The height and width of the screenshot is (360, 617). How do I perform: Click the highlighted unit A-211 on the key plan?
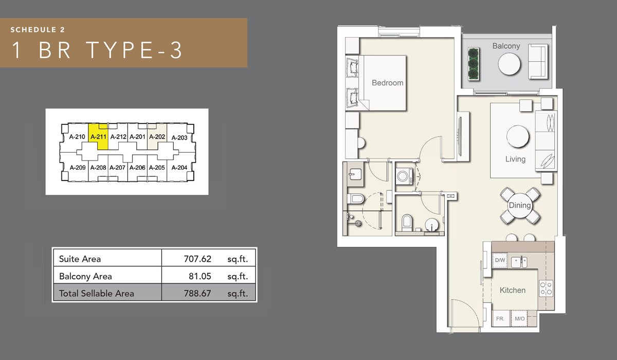tap(98, 137)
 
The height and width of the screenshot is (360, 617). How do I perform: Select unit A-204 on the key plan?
tap(179, 168)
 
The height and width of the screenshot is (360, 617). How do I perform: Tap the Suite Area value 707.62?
tap(197, 259)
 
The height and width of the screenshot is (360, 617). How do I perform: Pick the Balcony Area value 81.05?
tap(199, 276)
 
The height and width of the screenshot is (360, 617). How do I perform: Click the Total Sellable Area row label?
tap(97, 293)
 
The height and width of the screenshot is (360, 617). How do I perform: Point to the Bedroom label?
tap(387, 83)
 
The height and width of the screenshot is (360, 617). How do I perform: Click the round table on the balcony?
tap(509, 64)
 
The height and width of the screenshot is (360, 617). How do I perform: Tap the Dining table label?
tap(519, 205)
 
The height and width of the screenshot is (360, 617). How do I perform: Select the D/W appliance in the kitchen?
tap(500, 260)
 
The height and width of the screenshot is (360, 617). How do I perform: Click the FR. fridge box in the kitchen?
tap(500, 319)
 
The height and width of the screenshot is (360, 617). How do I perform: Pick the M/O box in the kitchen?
tap(519, 319)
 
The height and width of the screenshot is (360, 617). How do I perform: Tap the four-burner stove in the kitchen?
tap(546, 288)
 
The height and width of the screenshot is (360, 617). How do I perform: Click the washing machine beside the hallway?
tap(404, 176)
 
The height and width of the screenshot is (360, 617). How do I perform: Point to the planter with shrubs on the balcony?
tap(474, 64)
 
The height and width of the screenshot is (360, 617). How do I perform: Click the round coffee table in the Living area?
tap(518, 137)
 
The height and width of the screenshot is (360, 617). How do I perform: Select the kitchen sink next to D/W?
tap(519, 262)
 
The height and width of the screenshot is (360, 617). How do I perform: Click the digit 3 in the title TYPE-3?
tap(176, 50)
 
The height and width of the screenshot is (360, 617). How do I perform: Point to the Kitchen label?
tap(512, 290)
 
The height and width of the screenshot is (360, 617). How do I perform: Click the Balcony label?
tap(506, 46)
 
